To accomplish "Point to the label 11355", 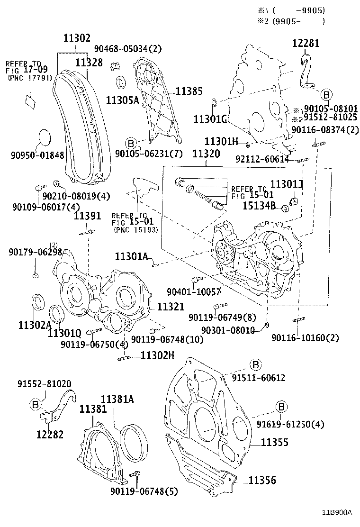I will click(275, 443).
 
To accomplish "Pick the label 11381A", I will click(117, 400).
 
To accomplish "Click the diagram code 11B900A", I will click(338, 513).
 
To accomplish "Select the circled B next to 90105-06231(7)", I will click(132, 142).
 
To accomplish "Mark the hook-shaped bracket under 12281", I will click(308, 71).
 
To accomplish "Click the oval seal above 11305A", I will click(121, 82).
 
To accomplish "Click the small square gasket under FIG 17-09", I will click(31, 101).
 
